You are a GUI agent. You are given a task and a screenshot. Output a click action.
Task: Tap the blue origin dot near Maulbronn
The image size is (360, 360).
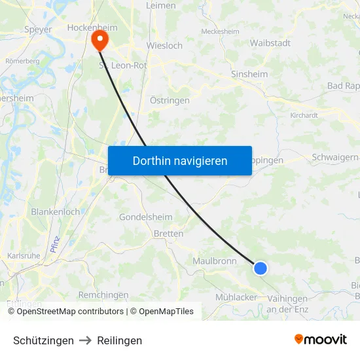261,268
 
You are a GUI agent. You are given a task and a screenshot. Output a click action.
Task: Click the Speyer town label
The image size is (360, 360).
38,29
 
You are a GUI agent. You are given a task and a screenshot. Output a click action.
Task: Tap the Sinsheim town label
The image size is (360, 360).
249,75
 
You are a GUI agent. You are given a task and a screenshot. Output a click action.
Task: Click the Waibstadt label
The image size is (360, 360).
270,43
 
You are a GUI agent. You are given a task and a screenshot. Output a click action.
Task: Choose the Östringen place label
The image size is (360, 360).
170,101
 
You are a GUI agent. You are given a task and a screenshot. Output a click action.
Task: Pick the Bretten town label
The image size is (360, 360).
168,233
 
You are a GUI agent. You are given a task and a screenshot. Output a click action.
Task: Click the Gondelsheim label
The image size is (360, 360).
146,217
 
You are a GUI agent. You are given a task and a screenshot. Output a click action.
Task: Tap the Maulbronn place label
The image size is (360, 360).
215,261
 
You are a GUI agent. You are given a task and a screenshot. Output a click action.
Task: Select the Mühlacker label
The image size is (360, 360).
236,297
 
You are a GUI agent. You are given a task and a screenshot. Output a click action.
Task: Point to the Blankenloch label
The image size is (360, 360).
56,212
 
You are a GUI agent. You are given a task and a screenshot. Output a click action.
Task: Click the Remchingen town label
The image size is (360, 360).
103,295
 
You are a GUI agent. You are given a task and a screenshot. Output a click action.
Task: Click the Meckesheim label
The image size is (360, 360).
220,31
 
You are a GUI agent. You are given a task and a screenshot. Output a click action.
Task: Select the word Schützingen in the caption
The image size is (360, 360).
43,340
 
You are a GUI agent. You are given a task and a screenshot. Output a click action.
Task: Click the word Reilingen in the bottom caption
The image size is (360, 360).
119,340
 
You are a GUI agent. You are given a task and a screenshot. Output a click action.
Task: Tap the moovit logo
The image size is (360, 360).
320,339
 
